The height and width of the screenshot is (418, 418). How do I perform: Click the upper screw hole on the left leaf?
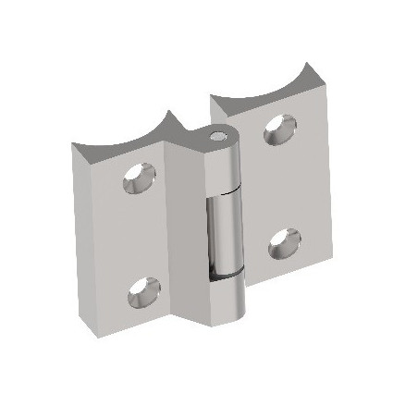pyautogui.click(x=136, y=177)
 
